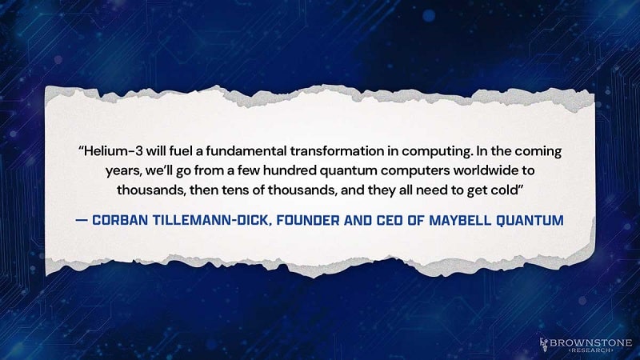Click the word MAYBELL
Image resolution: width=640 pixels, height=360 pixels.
[476, 219]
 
